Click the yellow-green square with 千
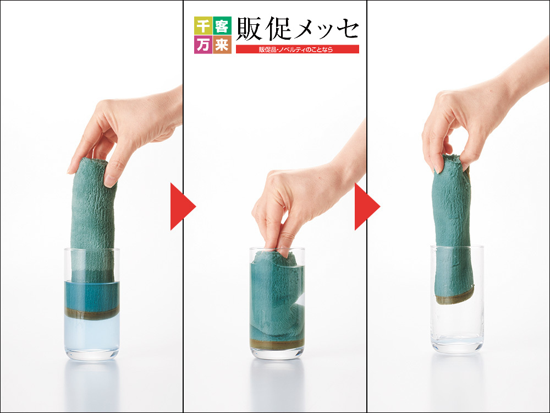(203, 25)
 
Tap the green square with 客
(222, 25)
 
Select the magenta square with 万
(203, 44)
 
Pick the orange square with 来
(222, 44)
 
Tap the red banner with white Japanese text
(298, 49)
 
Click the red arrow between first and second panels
(183, 206)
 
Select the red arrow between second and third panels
(367, 206)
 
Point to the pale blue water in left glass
(92, 334)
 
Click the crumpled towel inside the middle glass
(277, 298)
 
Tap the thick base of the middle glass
(277, 353)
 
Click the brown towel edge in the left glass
(92, 314)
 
